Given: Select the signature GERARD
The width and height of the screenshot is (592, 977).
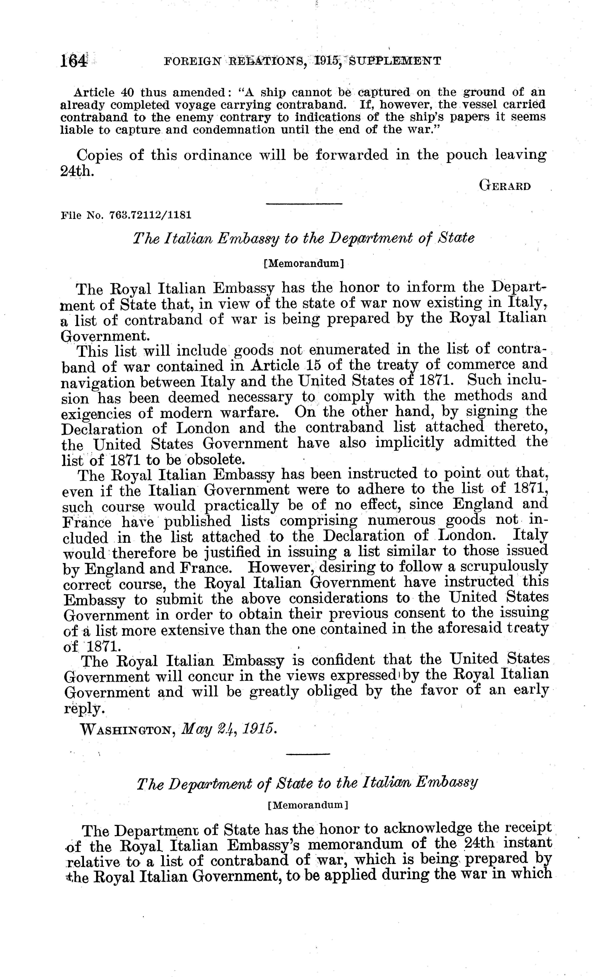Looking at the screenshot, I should coord(505,186).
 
